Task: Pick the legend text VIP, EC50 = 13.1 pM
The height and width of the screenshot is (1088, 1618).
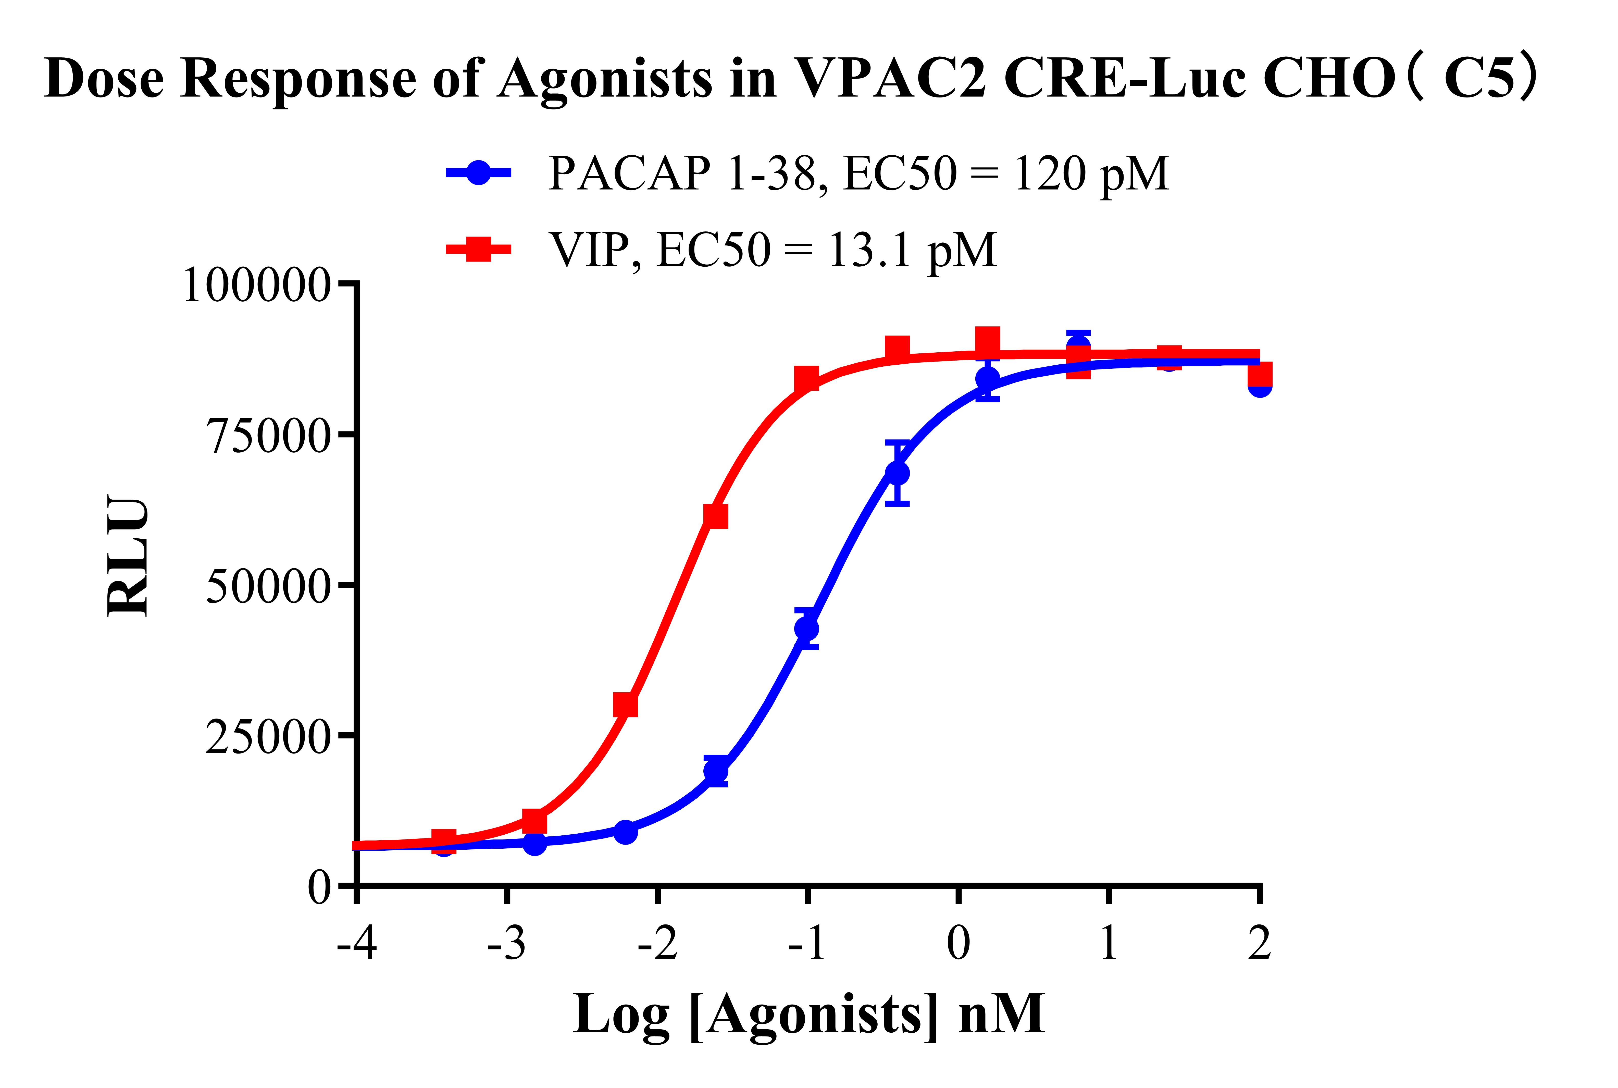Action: (772, 250)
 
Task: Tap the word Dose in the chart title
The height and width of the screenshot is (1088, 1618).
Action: (104, 78)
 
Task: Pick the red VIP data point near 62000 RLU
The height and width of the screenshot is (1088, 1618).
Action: (715, 516)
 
